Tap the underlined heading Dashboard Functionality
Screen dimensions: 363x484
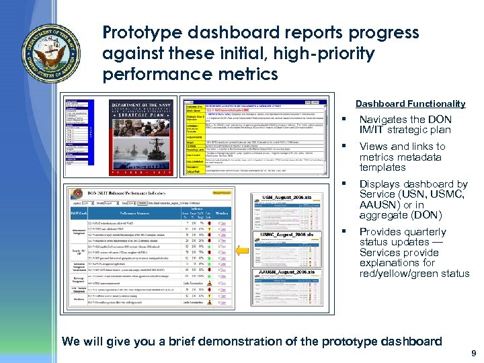410,104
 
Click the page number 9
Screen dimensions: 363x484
474,353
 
